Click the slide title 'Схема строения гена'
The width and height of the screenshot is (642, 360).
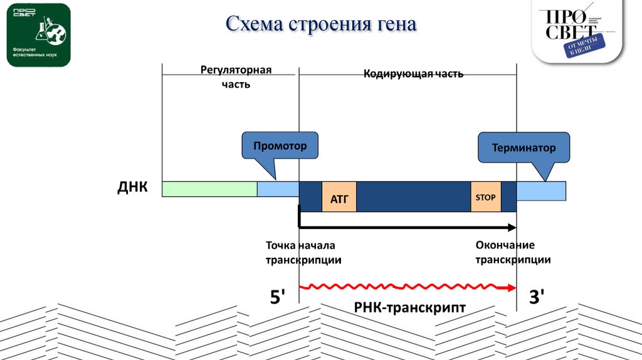[x=321, y=24]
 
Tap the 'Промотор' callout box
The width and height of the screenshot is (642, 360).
[x=280, y=146]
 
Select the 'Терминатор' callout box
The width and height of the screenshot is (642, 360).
[x=524, y=148]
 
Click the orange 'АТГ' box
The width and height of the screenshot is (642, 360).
[x=339, y=196]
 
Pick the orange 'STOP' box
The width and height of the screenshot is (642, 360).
[x=485, y=196]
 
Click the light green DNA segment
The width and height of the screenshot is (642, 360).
[x=209, y=189]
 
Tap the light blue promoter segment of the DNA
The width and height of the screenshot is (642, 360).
[x=278, y=189]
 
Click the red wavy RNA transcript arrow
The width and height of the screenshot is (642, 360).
[x=408, y=287]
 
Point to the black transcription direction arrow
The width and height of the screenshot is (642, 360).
[x=408, y=227]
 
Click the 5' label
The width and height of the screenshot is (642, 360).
[x=278, y=297]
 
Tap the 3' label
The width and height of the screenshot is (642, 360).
[x=537, y=297]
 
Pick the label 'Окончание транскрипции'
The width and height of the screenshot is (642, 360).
[x=513, y=252]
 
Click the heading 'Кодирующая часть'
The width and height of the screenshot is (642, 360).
[x=414, y=74]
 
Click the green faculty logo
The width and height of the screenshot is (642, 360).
[x=38, y=34]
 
